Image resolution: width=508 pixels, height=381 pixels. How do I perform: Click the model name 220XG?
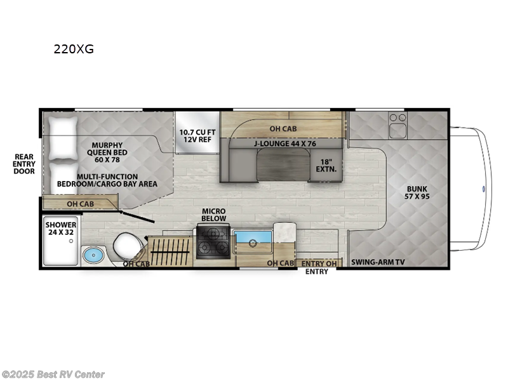(74, 49)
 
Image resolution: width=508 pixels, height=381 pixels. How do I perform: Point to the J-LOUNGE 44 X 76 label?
(284, 142)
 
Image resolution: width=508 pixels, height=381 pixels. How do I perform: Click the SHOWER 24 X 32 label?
(61, 229)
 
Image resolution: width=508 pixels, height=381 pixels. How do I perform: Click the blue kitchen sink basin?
(253, 242)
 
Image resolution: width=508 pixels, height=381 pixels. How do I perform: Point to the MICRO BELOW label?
(214, 215)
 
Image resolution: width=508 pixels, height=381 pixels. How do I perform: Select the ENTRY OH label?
(317, 263)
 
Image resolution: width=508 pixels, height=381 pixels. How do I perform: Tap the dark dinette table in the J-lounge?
(282, 166)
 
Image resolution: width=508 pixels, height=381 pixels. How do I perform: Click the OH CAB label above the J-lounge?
(283, 129)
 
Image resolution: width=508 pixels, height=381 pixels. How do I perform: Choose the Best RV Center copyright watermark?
(53, 375)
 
